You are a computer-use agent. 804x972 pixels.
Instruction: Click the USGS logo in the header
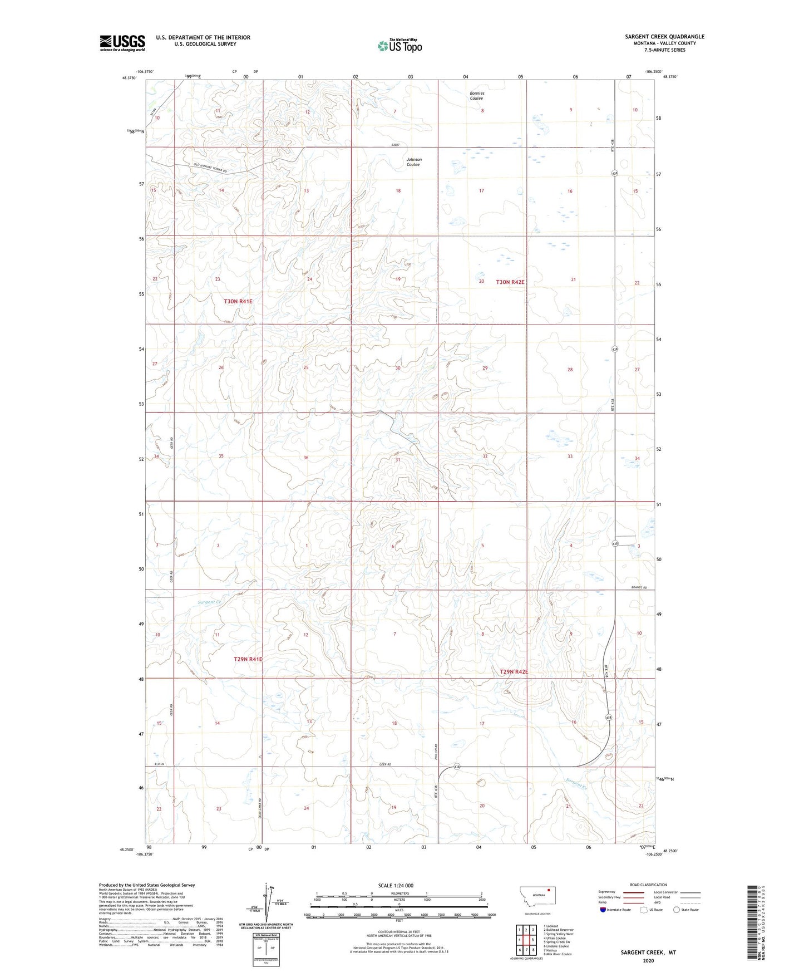(x=122, y=43)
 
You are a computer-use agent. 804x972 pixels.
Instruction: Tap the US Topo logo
(x=399, y=46)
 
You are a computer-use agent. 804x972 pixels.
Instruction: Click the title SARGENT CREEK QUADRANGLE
(x=664, y=37)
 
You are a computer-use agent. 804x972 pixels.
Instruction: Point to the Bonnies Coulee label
(x=476, y=96)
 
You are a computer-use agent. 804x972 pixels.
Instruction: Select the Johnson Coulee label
(x=413, y=162)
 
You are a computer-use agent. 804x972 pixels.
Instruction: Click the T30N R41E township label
(x=238, y=301)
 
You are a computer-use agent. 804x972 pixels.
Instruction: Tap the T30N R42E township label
(x=510, y=282)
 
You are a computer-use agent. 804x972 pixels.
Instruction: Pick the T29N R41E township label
(x=248, y=659)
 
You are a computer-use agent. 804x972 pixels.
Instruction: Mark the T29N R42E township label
(x=513, y=672)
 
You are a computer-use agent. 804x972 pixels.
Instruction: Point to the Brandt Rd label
(x=639, y=587)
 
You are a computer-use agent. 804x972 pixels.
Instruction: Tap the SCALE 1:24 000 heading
(x=396, y=886)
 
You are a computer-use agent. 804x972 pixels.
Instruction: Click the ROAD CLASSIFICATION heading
(x=648, y=885)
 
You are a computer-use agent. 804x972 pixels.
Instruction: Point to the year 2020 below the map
(x=648, y=960)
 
